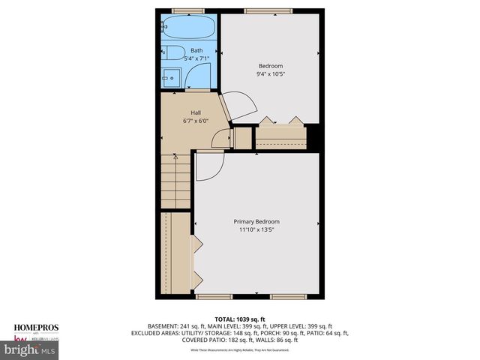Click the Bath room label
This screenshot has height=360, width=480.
(x=196, y=51)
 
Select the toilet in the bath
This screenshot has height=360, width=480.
(x=173, y=53)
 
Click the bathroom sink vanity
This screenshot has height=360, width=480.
(x=172, y=77)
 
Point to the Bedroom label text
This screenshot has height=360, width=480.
(x=271, y=66)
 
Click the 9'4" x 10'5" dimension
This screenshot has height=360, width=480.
(x=271, y=74)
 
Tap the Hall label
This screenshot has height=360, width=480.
(x=195, y=112)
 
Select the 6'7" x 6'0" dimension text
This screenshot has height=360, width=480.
(x=195, y=121)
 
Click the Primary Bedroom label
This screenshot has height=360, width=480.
(x=256, y=222)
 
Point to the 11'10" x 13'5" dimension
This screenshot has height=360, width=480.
(x=256, y=230)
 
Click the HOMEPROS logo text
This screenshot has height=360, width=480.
(x=35, y=328)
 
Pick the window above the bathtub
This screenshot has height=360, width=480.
(x=188, y=11)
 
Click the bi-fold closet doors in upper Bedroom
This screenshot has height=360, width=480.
(x=281, y=121)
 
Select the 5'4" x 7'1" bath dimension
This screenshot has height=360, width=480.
(x=196, y=59)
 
